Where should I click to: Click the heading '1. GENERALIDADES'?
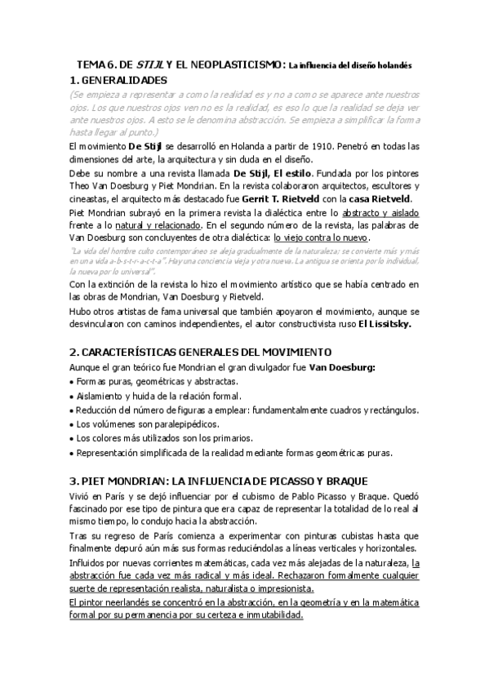[118, 80]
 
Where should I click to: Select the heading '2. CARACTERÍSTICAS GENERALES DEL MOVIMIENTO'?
[201, 352]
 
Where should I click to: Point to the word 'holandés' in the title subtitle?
[392, 64]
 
